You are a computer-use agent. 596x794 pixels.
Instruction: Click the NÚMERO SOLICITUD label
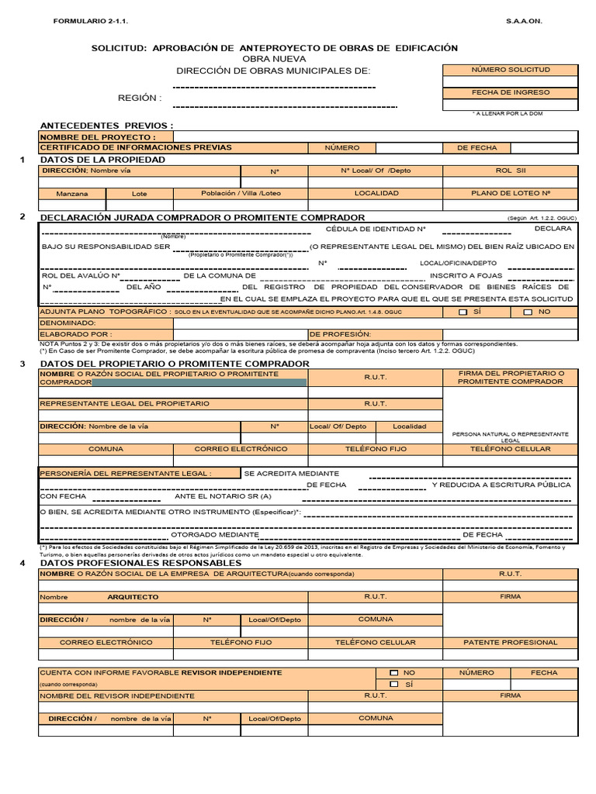pos(510,70)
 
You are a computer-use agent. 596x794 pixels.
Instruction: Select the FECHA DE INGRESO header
pos(510,92)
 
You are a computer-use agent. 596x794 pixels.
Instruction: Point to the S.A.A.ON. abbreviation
pos(525,21)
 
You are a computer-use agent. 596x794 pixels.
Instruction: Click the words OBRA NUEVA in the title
pos(274,59)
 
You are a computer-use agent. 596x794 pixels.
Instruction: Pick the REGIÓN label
pos(140,98)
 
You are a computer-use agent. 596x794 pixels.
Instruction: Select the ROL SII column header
pos(510,171)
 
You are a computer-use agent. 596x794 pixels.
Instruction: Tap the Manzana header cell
pos(72,193)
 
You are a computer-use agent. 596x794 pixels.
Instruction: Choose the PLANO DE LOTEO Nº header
pos(510,193)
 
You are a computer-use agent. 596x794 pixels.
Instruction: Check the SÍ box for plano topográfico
pos(463,312)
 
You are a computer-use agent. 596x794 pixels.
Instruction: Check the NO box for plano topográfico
pos(528,312)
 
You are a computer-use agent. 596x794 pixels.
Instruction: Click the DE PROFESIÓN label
pos(340,334)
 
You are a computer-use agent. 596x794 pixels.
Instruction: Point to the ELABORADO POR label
pos(76,334)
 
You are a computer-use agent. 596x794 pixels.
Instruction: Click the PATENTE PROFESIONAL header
pos(510,642)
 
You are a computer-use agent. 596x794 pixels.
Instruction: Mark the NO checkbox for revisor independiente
pos(394,673)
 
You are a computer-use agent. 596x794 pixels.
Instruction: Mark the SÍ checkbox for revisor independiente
pos(394,685)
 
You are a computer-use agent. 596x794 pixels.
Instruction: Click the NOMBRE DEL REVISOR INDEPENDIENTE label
pos(116,696)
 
